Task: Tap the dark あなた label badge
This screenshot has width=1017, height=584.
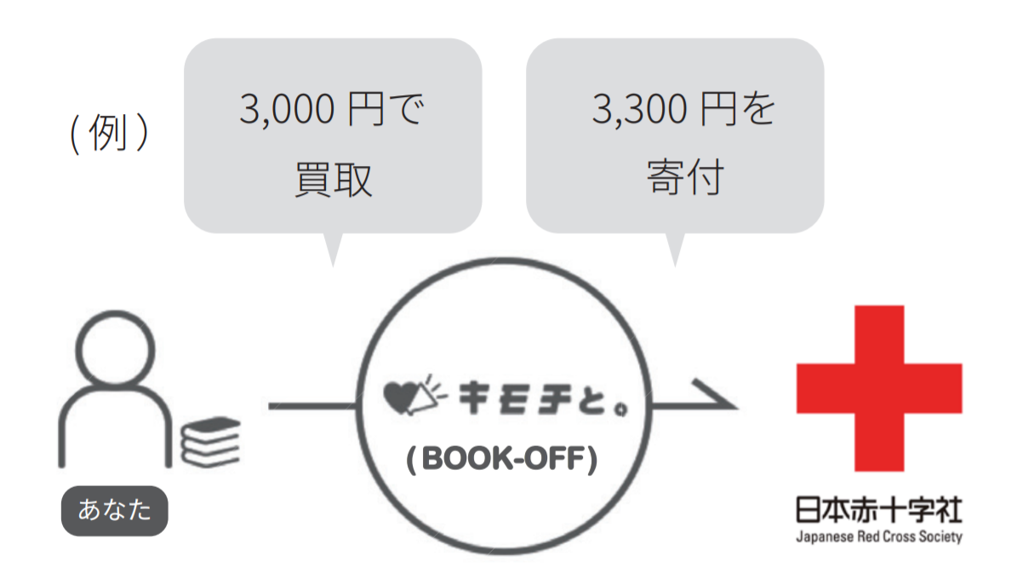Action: tap(114, 511)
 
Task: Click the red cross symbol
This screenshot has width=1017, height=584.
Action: tap(878, 387)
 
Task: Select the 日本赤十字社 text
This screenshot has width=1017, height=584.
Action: tap(878, 511)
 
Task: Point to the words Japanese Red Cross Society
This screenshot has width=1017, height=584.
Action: tap(878, 537)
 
